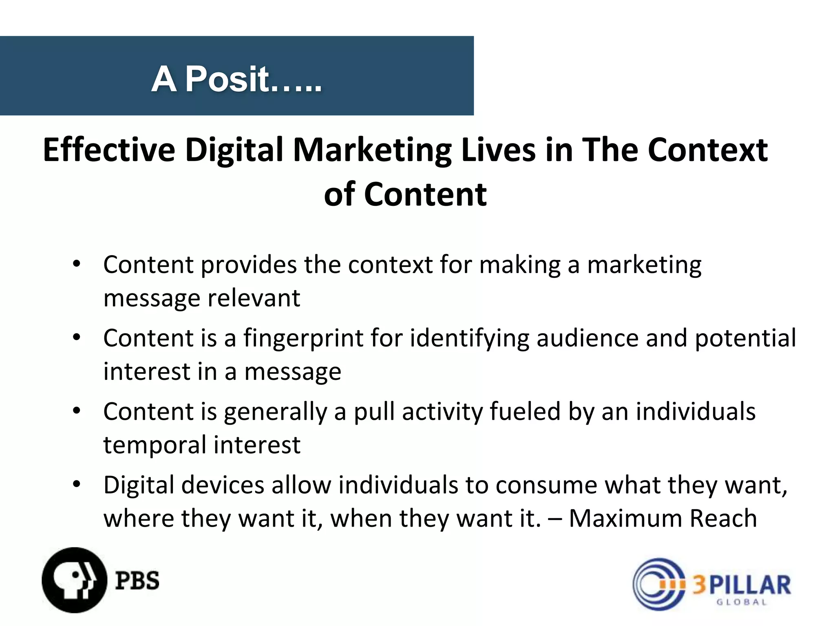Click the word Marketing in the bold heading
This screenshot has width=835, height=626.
point(372,150)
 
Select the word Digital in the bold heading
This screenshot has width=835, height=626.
point(234,150)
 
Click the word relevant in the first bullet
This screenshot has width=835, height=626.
point(254,298)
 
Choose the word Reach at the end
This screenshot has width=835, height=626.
point(723,518)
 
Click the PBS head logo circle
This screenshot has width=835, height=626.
point(74,580)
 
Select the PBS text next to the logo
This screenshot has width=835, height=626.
point(137,580)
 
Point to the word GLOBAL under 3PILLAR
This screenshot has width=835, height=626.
point(742,602)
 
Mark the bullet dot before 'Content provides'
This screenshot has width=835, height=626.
point(77,264)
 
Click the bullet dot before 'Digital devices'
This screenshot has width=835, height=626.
point(77,485)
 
